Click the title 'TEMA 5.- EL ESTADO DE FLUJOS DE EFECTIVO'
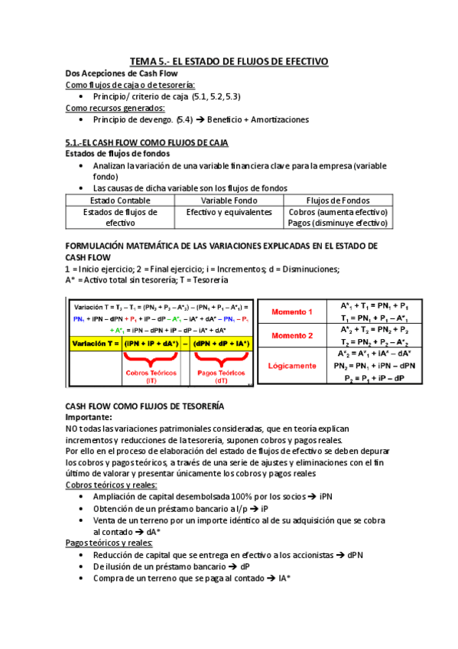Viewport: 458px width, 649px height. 229,60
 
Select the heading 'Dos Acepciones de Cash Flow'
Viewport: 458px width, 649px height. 116,73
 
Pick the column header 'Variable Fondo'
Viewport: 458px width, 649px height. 229,201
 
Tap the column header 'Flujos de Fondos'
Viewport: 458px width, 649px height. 337,201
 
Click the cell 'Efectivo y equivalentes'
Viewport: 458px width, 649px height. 229,212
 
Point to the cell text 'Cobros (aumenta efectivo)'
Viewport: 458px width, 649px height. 338,212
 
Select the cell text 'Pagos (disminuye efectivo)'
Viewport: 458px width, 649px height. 338,223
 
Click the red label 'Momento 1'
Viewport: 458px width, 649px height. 291,312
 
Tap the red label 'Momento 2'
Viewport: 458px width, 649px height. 291,336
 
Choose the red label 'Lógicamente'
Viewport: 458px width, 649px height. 291,366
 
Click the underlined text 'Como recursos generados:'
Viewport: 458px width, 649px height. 115,108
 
